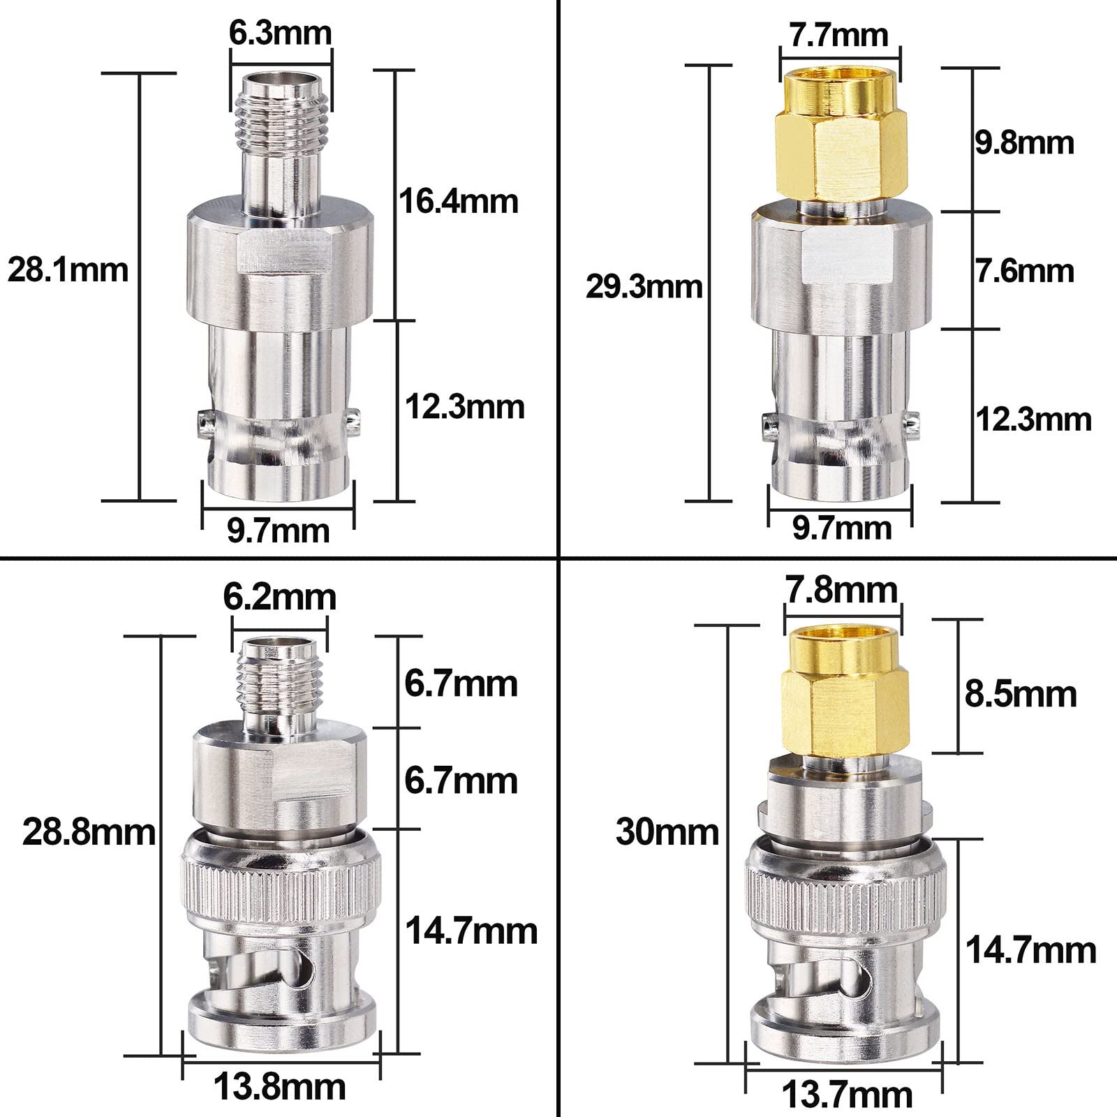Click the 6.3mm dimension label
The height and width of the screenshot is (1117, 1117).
pos(280,33)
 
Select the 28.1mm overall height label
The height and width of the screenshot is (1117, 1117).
pos(68,269)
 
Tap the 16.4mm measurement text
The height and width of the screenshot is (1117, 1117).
pos(459,201)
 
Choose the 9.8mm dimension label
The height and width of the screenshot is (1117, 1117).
pos(1025,142)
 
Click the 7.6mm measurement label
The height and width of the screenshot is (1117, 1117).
pos(1025,270)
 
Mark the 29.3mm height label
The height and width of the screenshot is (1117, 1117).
pos(644,287)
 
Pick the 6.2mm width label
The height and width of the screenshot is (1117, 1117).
pos(279,597)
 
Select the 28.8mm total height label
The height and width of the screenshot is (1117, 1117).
pos(89,832)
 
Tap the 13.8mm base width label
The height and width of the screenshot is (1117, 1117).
pos(279,1087)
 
